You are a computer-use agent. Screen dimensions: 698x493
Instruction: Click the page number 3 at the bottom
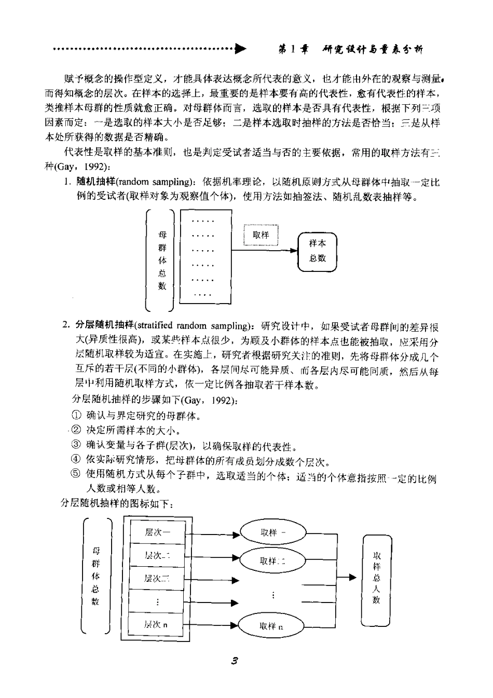click(235, 661)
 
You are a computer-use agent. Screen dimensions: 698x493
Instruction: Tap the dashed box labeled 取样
click(261, 235)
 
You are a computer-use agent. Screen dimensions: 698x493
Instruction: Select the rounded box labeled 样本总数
click(318, 251)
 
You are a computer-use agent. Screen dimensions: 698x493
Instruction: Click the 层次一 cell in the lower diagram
click(157, 531)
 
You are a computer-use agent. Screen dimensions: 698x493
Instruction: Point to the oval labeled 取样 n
click(271, 626)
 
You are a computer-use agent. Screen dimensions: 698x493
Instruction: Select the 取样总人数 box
click(376, 578)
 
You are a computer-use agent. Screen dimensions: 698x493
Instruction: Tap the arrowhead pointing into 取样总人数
click(353, 578)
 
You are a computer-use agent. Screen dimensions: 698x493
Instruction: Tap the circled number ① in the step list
click(76, 415)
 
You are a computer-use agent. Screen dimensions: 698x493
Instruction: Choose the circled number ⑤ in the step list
click(76, 474)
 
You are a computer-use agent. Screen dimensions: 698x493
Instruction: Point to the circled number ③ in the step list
click(76, 445)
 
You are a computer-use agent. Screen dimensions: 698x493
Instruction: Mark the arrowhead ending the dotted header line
click(240, 50)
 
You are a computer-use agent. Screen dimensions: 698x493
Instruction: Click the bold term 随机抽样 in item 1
click(91, 182)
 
